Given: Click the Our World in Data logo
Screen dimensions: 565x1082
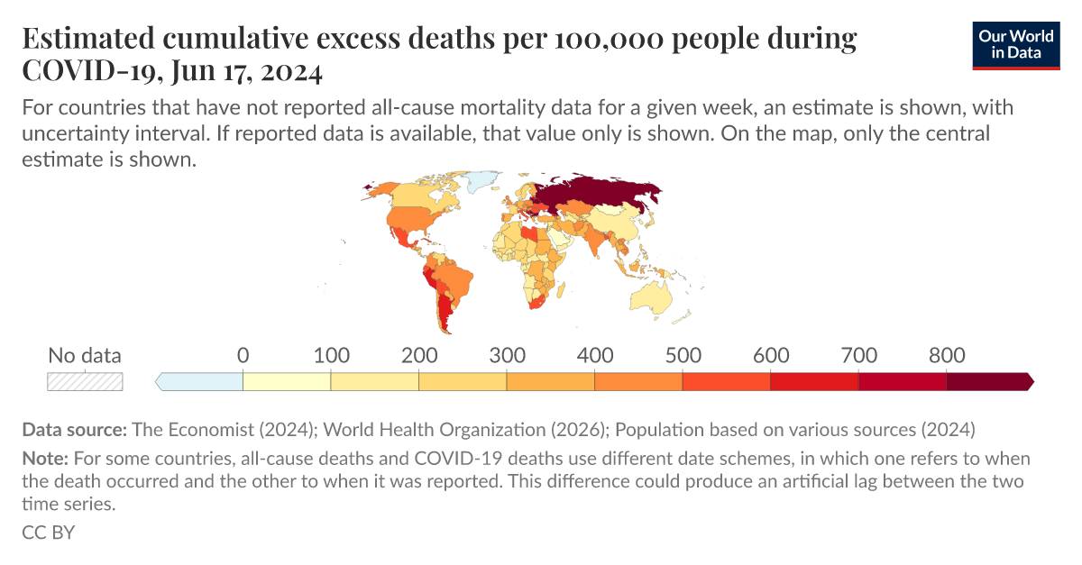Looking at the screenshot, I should [1015, 42].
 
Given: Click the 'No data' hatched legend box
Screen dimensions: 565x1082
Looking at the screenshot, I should [85, 382].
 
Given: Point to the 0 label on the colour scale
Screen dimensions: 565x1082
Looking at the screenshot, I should [243, 355].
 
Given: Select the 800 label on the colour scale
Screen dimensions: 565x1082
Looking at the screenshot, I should [947, 355].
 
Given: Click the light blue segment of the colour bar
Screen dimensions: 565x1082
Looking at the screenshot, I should [201, 382].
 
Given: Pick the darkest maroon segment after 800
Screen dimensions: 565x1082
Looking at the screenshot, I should [987, 382].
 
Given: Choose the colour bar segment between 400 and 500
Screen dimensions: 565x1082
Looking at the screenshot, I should [638, 382].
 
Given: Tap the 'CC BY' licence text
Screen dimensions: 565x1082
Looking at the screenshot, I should [48, 532].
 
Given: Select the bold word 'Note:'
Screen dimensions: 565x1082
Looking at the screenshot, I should [44, 458].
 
